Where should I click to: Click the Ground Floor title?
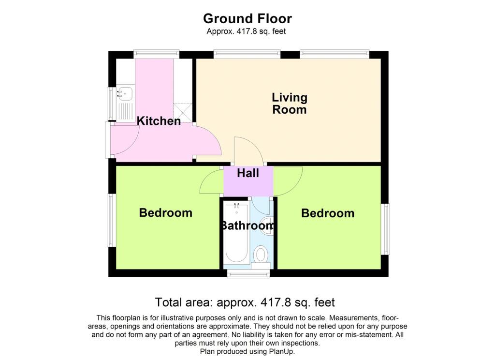click(x=247, y=19)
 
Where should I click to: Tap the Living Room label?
click(x=290, y=104)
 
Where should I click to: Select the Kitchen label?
click(x=159, y=121)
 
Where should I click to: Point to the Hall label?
click(x=248, y=173)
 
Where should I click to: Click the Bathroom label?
click(x=247, y=225)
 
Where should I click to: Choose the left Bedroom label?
click(x=165, y=213)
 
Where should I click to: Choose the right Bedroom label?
click(x=328, y=213)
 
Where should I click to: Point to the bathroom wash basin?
click(x=266, y=225)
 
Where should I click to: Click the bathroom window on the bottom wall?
click(x=248, y=275)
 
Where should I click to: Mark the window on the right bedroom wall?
click(x=386, y=229)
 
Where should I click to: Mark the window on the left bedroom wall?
click(x=111, y=220)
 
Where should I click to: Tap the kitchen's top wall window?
click(x=157, y=54)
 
